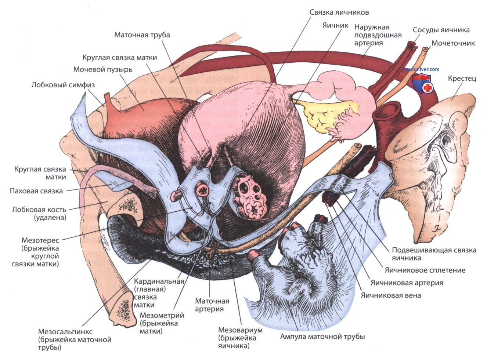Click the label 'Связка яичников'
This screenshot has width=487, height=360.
point(339,12)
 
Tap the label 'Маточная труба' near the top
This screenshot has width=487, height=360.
point(142,35)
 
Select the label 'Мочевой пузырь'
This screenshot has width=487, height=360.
point(102,69)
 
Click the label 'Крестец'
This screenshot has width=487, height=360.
point(462,79)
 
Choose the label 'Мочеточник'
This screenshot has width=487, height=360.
point(453,43)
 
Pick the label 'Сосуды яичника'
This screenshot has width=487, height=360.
point(441,30)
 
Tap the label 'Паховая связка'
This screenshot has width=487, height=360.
point(36,191)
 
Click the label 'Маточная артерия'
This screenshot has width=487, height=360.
point(212,305)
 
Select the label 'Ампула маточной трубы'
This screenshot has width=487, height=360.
point(322,337)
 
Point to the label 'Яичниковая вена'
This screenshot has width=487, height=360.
point(390,295)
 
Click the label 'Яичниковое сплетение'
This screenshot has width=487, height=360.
point(425,270)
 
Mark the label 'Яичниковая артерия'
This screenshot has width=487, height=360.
point(407,283)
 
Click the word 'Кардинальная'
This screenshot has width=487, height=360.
point(159,281)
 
